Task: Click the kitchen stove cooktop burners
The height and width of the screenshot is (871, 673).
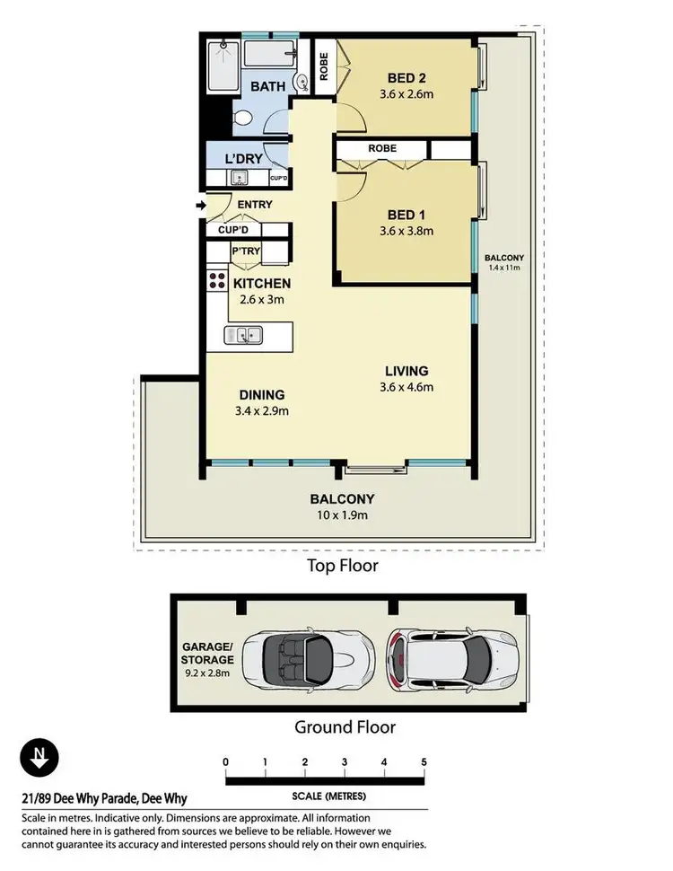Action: pyautogui.click(x=217, y=280)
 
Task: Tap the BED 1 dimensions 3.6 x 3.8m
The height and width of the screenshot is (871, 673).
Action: pyautogui.click(x=407, y=231)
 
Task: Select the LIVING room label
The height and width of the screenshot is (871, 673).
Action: pyautogui.click(x=406, y=371)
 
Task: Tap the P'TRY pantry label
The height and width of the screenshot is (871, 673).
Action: pyautogui.click(x=246, y=251)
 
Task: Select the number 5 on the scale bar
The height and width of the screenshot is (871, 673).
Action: pyautogui.click(x=424, y=762)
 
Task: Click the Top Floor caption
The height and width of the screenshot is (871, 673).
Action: pyautogui.click(x=343, y=566)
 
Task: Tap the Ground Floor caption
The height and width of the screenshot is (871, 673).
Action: pyautogui.click(x=345, y=726)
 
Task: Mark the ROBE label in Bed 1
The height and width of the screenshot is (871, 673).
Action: pyautogui.click(x=381, y=148)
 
